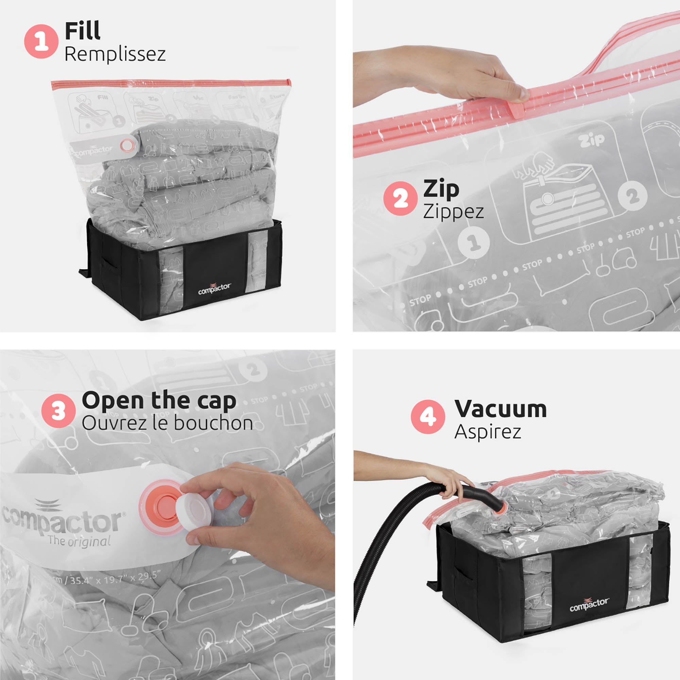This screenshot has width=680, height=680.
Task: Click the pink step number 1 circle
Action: [41, 41]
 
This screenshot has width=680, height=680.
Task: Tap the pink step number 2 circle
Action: [400, 199]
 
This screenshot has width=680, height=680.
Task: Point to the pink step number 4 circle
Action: [428, 417]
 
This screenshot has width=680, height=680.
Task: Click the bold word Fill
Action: [82, 31]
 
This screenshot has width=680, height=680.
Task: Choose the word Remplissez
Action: [115, 54]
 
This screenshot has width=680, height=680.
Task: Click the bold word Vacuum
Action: [500, 409]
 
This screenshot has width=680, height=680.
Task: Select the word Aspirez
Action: [488, 431]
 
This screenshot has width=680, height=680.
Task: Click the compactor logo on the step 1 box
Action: [214, 288]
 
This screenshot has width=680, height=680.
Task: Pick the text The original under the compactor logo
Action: [79, 541]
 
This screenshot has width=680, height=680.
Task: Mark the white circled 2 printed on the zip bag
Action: [632, 196]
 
